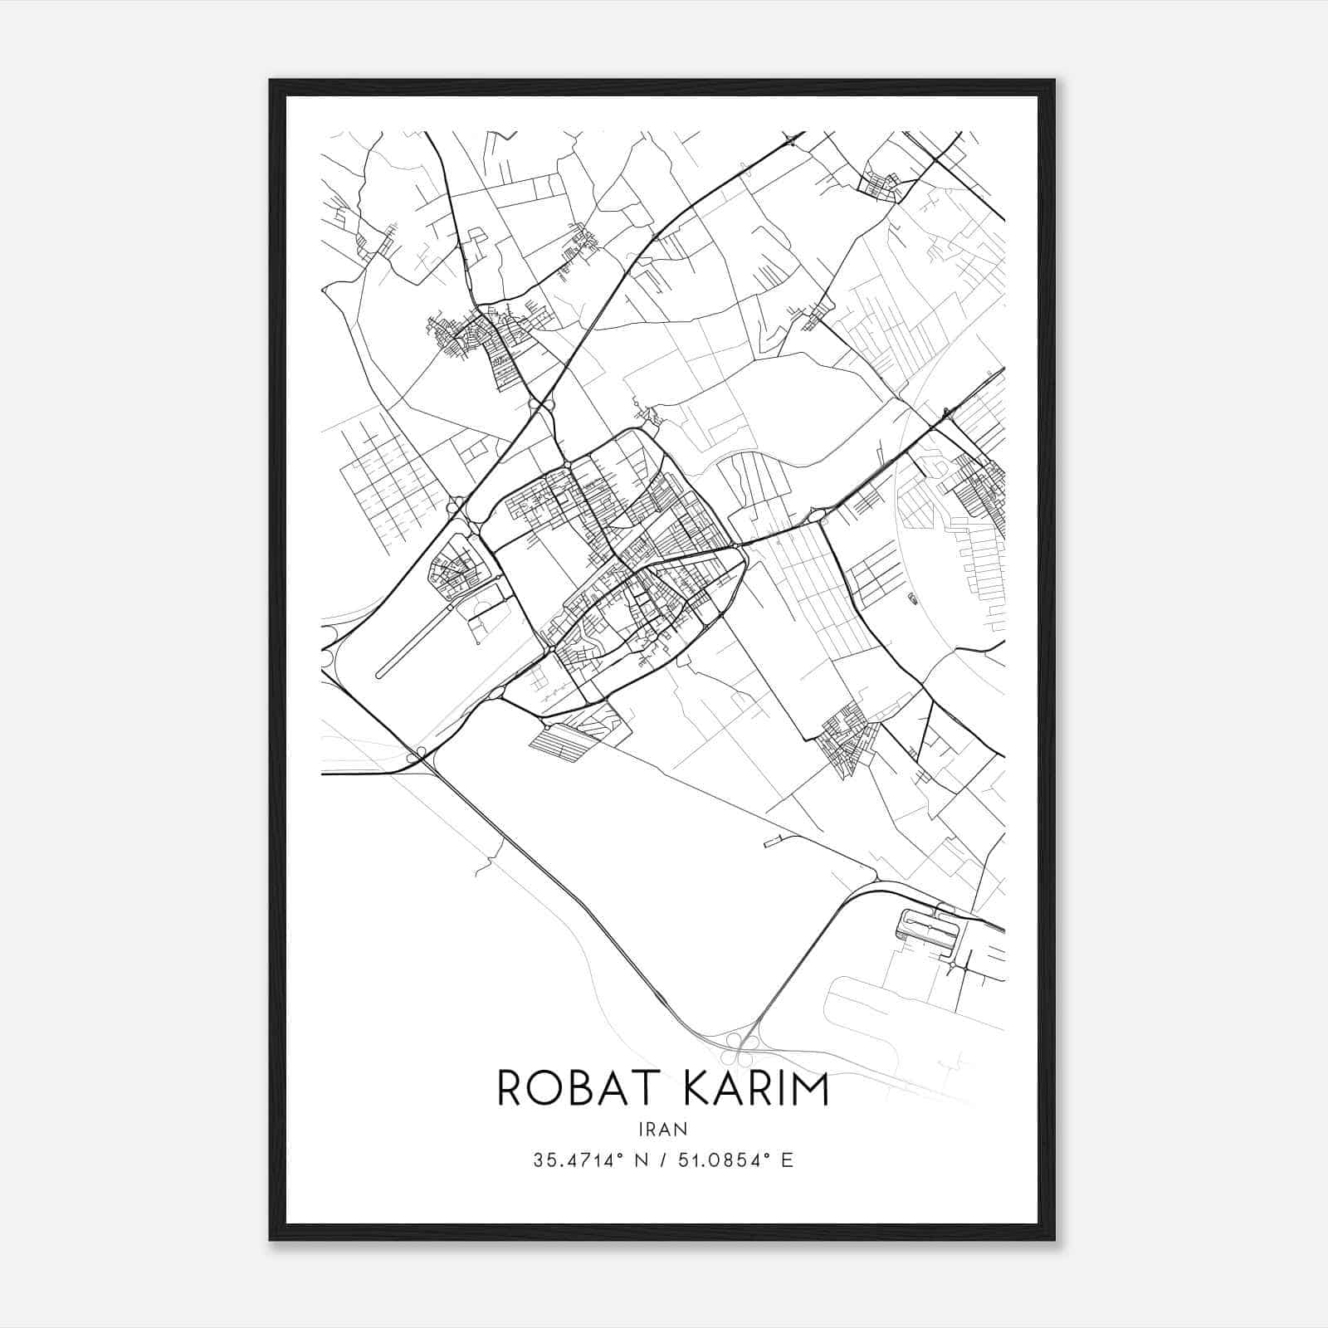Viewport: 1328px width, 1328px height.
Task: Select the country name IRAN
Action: coord(663,1128)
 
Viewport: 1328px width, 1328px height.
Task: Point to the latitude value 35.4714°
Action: coord(578,1160)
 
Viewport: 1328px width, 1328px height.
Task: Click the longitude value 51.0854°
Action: coord(719,1160)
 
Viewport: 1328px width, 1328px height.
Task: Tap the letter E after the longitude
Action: coord(787,1160)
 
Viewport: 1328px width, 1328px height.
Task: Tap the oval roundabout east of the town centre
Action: coord(816,517)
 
